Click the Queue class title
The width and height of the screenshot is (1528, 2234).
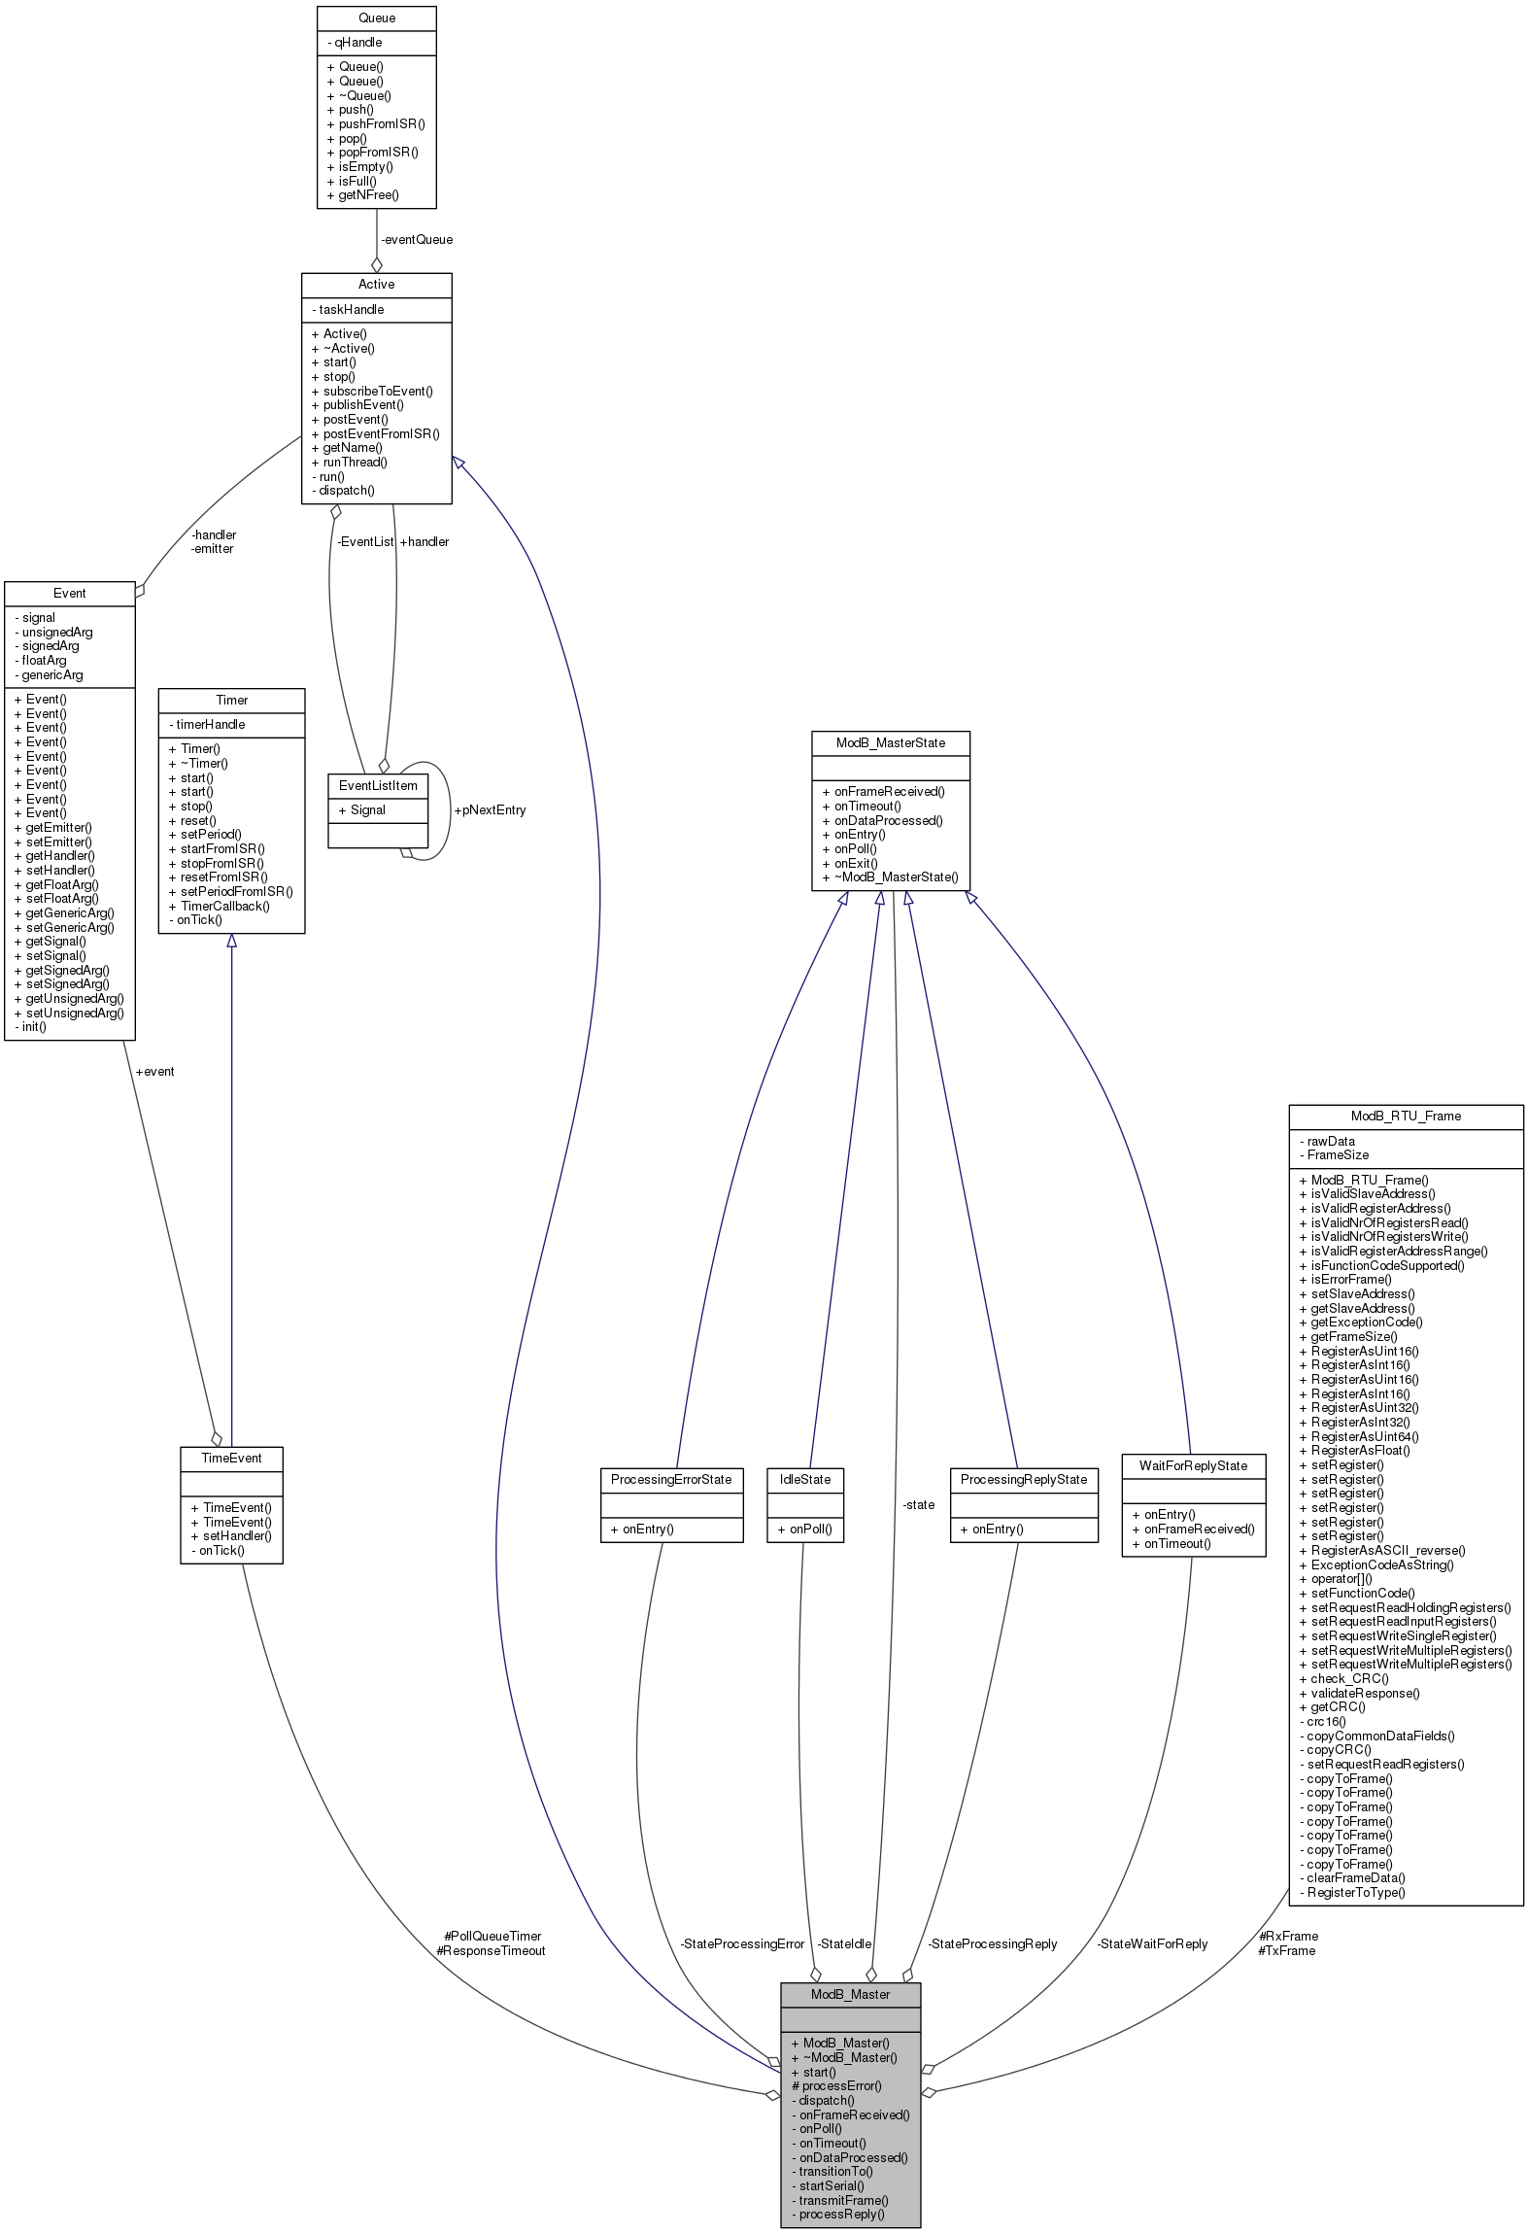[x=377, y=18]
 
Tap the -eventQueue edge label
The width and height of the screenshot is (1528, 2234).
[x=417, y=240]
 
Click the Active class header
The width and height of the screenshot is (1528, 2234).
[x=376, y=285]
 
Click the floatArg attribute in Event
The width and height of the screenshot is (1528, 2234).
[x=44, y=661]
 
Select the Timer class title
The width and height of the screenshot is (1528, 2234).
[x=232, y=701]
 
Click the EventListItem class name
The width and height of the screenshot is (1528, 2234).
[x=378, y=786]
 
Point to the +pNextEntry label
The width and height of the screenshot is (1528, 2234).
[x=490, y=810]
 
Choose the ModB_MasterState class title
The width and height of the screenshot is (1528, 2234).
[x=891, y=743]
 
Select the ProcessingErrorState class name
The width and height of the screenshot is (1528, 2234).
[x=671, y=1480]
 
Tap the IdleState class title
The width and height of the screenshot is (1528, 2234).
[x=805, y=1480]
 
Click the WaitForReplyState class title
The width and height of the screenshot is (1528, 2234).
[x=1193, y=1466]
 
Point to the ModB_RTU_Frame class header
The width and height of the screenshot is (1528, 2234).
[x=1406, y=1117]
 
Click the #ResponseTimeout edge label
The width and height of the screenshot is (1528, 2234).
[x=492, y=1951]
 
